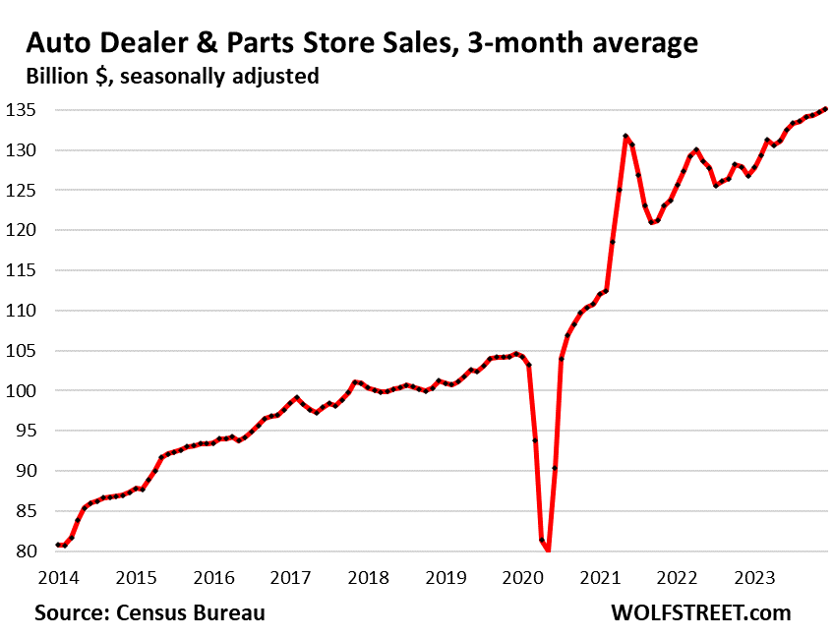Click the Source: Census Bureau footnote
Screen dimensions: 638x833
[x=149, y=612]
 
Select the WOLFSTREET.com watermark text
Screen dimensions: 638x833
[x=699, y=612]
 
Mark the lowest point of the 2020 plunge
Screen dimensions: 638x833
[x=548, y=551]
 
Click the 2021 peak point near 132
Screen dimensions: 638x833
[x=625, y=137]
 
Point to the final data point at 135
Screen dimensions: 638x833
[x=825, y=109]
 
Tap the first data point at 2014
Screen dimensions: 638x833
[x=58, y=545]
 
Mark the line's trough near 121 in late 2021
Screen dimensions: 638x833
[x=651, y=223]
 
